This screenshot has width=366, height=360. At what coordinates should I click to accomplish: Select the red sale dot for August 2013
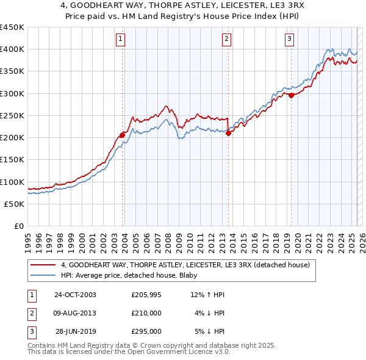coord(228,134)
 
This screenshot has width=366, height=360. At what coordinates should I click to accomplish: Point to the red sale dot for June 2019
coord(292,95)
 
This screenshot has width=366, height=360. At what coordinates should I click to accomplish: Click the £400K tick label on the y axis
coord(12,49)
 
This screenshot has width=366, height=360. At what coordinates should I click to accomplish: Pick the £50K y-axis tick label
coord(15,204)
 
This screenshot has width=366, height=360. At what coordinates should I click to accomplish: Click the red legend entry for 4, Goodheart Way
coord(185,265)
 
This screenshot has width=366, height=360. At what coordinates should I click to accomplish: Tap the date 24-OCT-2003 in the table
coord(75,295)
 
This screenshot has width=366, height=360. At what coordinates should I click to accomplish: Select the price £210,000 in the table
coord(146,313)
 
